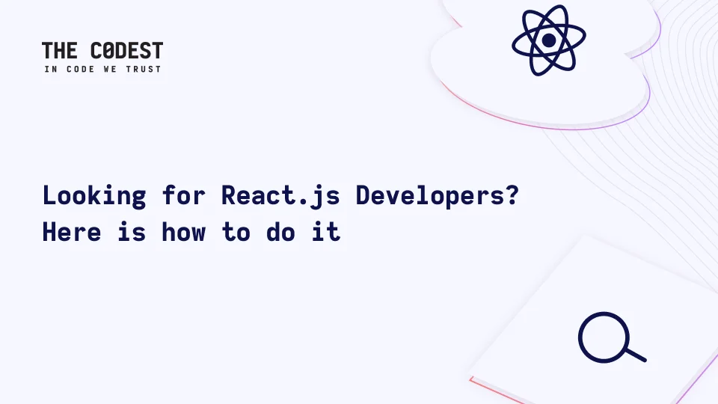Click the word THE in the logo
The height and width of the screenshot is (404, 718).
coord(60,50)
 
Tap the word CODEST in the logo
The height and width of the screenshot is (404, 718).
coord(127,50)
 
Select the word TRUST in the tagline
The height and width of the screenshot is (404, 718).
coord(144,69)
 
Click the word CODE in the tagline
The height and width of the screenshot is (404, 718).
coord(81,69)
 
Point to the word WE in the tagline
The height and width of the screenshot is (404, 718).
coord(111,69)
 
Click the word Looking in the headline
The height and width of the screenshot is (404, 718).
coord(94,196)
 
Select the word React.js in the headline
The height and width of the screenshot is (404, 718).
coord(280,196)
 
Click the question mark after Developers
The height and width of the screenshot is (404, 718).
coord(512,195)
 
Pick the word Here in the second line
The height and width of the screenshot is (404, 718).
coord(72,232)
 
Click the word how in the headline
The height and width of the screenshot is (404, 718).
coord(184,232)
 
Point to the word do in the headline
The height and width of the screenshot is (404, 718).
coord(280,232)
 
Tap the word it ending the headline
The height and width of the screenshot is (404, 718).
coord(326,232)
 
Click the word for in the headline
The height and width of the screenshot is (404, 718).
coord(184,195)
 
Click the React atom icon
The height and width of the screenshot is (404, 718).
coord(548,40)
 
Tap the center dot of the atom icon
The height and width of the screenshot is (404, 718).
coord(548,40)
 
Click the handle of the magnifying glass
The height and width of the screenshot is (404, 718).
coord(636,355)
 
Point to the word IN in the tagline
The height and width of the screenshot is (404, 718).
coord(51,69)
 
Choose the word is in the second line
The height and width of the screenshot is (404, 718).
coord(132,232)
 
